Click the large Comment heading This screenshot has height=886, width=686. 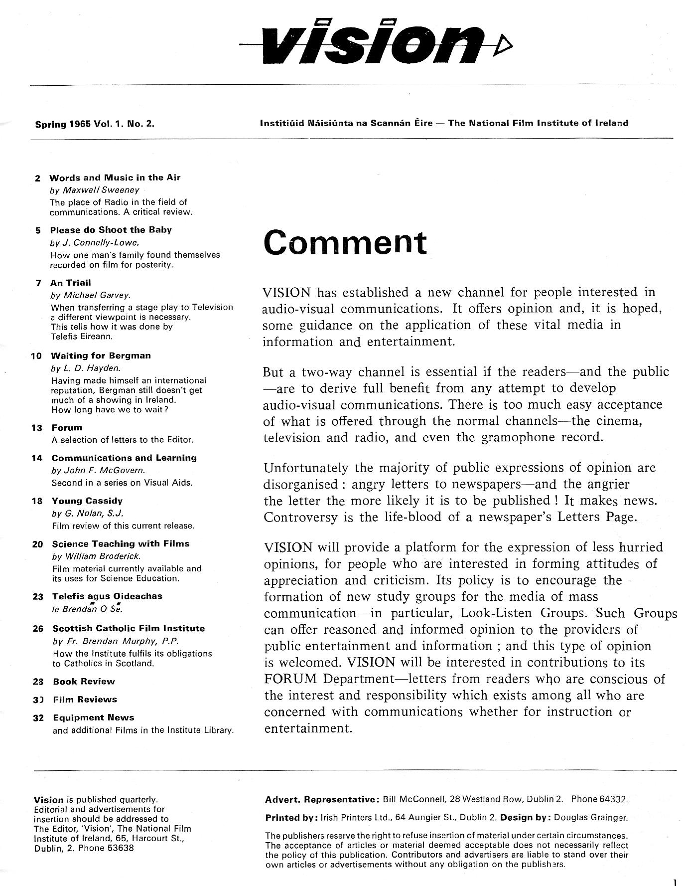345,242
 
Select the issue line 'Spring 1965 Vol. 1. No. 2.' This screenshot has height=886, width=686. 95,124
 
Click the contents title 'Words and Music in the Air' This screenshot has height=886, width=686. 115,177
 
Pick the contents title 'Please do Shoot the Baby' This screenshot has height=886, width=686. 111,230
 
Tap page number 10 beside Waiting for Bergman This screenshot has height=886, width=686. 36,356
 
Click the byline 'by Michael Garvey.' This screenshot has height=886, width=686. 90,296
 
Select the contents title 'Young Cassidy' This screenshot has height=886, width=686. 87,501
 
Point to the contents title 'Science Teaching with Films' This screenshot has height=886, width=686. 121,543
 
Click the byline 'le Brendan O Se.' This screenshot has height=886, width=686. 87,609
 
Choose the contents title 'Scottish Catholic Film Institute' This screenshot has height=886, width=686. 129,628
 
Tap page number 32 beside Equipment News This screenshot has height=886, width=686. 38,718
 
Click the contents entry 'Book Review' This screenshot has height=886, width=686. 84,682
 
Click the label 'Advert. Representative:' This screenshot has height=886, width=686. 322,799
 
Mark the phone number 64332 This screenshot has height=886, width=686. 612,799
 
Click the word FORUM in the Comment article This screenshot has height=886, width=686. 291,679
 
